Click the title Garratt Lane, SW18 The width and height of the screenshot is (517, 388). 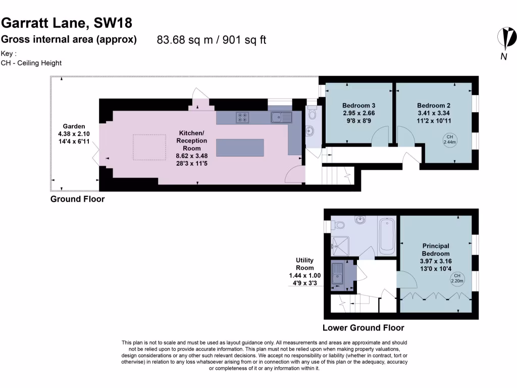point(67,23)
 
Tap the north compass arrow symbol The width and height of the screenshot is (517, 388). point(506,38)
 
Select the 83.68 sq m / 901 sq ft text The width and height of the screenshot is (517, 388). point(212,40)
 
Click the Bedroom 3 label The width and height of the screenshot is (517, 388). point(358,106)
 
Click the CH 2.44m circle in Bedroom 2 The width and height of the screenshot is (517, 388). point(449,139)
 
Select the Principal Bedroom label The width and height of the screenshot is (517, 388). point(436,250)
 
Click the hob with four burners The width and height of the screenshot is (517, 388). point(242,117)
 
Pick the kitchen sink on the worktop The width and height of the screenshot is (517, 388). point(281,117)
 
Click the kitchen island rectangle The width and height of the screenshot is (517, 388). point(240,148)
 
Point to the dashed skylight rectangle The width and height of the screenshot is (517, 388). point(149,148)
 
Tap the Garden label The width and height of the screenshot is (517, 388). point(74,126)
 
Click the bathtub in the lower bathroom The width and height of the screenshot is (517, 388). point(387,235)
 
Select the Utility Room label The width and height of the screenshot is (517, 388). point(304,264)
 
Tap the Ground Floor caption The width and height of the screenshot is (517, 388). point(77,199)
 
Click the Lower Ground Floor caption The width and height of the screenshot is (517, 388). point(363,327)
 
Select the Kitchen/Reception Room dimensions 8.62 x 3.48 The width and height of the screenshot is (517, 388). point(191,148)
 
